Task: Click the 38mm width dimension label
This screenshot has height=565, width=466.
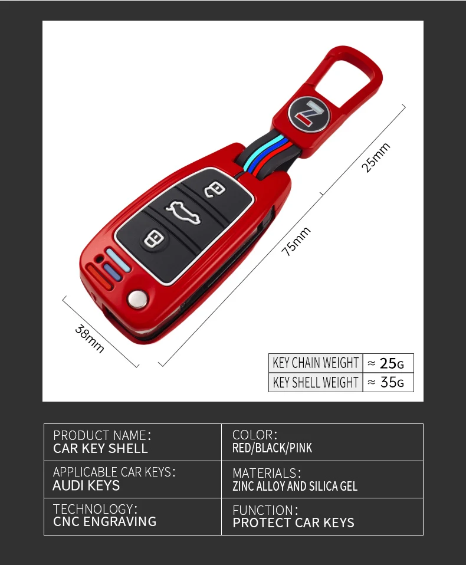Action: point(90,339)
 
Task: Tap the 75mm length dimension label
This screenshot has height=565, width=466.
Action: point(296,241)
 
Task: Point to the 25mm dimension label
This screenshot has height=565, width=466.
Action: point(376,157)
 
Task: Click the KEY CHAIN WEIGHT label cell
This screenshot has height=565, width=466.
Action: point(316,363)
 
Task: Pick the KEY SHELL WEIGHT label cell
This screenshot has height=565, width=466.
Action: point(316,382)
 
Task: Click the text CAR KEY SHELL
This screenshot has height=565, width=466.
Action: point(100,448)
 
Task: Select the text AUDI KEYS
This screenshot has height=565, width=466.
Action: point(86,485)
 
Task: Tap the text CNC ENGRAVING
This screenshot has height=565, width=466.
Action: point(104,521)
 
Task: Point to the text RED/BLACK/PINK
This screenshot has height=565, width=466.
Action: point(272,448)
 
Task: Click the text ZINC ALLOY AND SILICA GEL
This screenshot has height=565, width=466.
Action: point(295,486)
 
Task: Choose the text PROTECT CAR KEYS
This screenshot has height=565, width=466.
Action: point(293,523)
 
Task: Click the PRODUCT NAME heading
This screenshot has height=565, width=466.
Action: point(101,435)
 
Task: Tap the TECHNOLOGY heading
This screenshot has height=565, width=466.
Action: point(94,509)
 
